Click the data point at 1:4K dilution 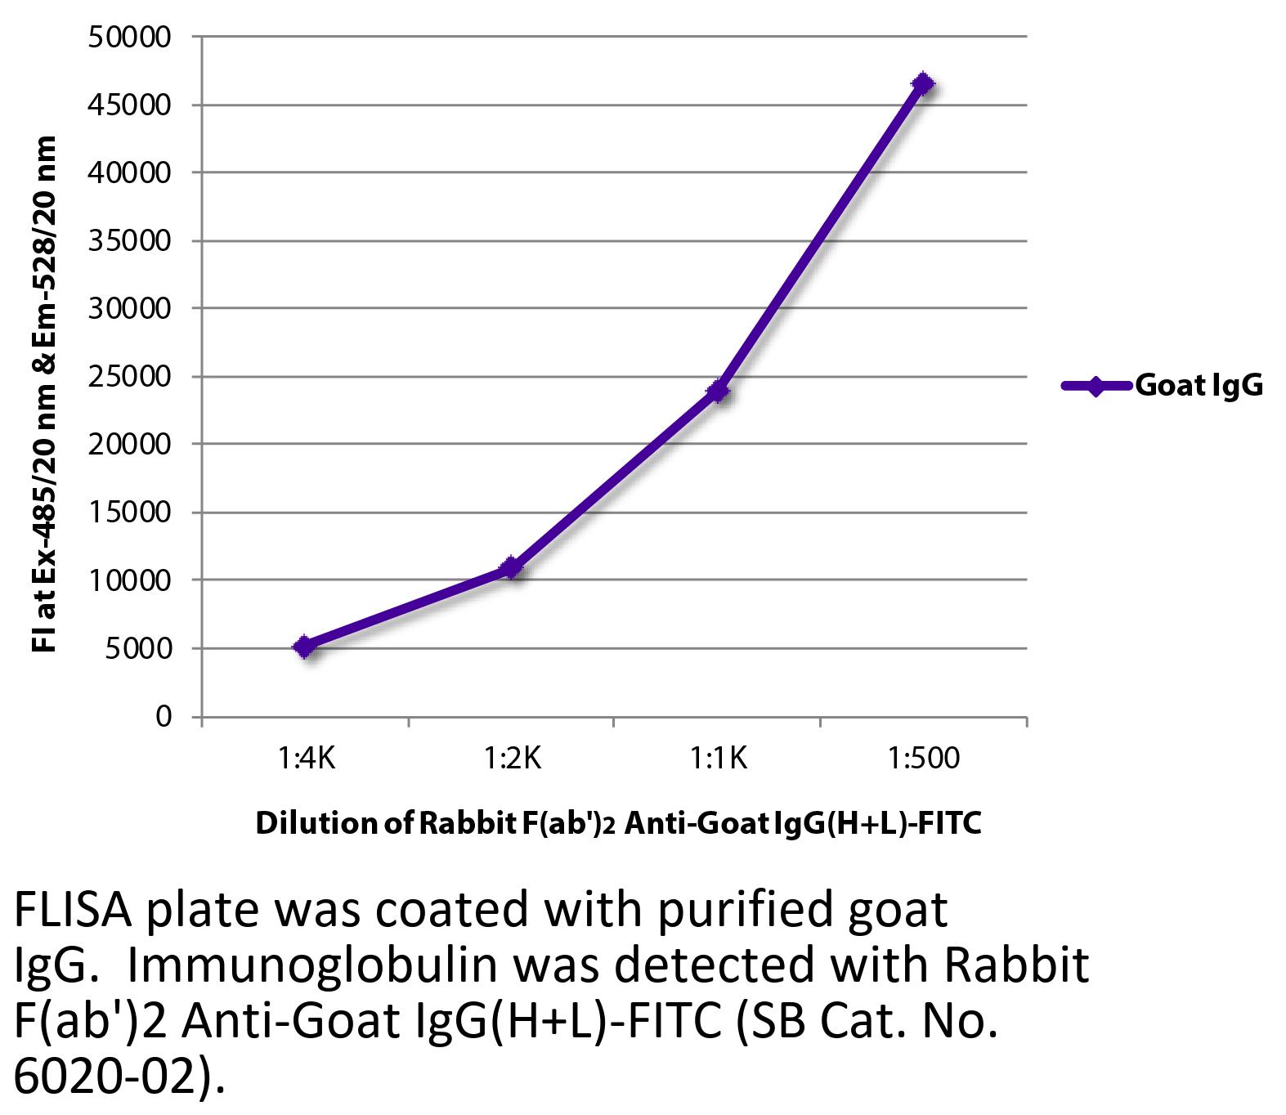304,647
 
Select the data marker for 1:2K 511,566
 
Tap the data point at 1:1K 718,391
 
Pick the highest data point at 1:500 923,84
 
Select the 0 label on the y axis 163,716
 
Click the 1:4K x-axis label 305,759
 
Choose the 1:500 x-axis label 924,759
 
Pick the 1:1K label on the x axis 718,759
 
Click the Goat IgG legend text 1199,385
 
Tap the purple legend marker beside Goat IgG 1096,385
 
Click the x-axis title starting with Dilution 618,823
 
